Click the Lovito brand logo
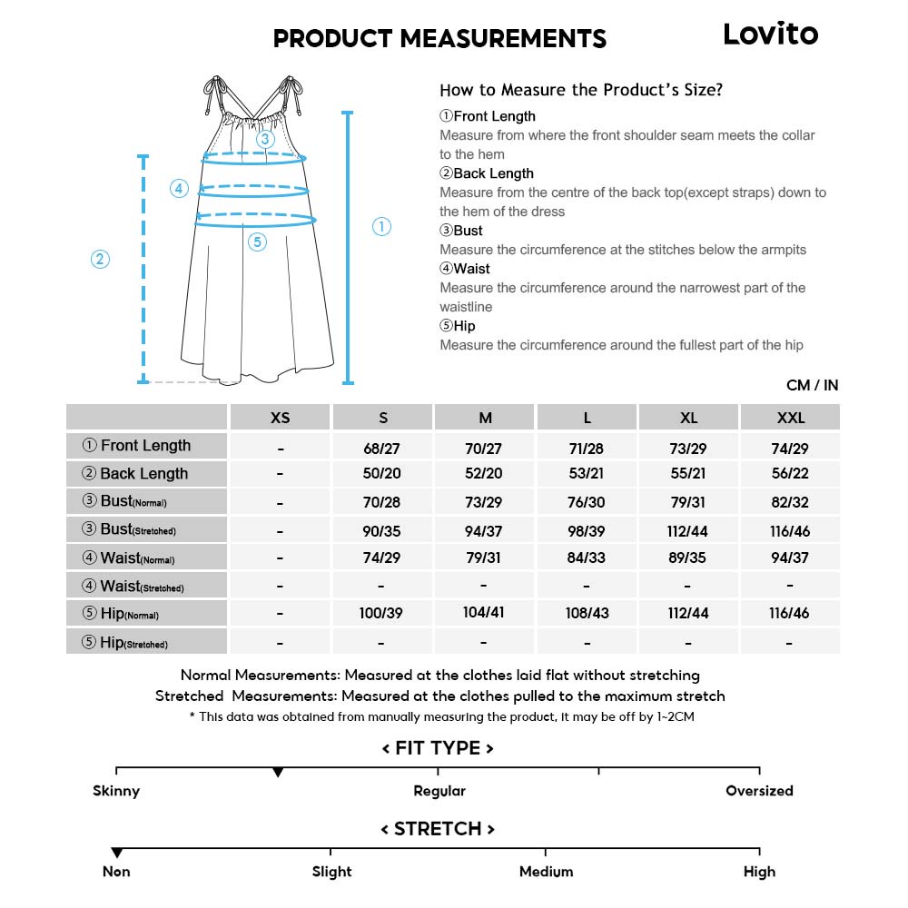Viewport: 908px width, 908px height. [770, 35]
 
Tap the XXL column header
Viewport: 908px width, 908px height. [790, 418]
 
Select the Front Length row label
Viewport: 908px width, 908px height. [146, 446]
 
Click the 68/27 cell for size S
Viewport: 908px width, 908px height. [382, 449]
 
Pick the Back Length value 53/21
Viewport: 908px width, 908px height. [587, 474]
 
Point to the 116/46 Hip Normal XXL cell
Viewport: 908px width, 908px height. [789, 613]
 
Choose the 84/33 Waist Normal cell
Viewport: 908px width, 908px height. [587, 558]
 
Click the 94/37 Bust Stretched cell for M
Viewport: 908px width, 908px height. [484, 530]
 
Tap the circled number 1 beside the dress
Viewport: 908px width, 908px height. [381, 227]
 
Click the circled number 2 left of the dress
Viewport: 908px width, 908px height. [100, 259]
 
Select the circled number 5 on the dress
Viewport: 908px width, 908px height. [257, 242]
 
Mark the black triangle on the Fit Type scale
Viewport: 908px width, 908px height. [278, 773]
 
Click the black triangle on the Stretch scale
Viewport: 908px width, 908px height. [116, 854]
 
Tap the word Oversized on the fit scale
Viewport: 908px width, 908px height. [759, 791]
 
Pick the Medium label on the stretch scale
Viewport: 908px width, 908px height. [546, 872]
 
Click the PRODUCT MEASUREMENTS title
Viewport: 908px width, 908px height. [439, 39]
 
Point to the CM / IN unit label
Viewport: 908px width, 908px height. [812, 386]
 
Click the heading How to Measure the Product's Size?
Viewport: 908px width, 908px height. [581, 90]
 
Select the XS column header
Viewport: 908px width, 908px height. [281, 418]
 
